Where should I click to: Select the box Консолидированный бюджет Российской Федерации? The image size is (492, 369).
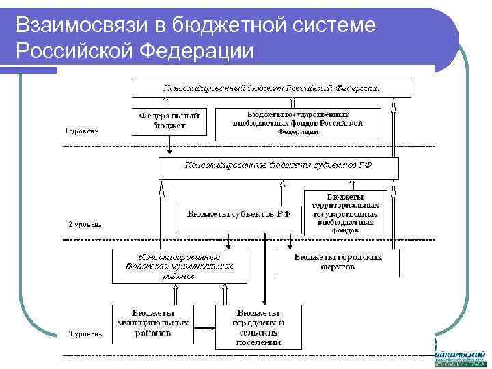[271, 89]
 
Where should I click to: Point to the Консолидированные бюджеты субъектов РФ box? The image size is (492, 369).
[278, 166]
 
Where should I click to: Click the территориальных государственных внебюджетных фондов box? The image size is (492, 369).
[344, 213]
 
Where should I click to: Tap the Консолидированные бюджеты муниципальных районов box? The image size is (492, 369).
[179, 266]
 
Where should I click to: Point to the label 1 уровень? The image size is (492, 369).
[83, 131]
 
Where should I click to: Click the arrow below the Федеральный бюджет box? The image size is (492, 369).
[165, 146]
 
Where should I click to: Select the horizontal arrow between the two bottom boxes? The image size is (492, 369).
[204, 327]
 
